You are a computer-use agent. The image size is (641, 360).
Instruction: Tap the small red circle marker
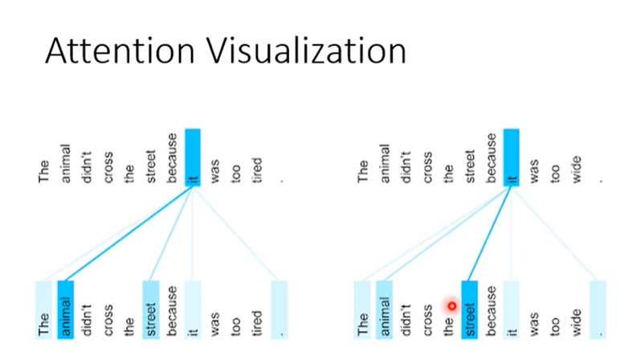452,305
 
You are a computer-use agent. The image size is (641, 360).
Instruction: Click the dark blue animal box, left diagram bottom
66,309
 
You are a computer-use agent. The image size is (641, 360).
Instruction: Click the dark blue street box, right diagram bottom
469,309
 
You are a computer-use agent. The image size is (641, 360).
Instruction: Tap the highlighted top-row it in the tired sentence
193,158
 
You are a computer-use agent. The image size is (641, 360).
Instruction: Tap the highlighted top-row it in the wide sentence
512,158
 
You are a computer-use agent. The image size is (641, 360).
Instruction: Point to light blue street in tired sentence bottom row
151,309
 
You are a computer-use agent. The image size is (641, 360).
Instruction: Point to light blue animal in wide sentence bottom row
385,309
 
